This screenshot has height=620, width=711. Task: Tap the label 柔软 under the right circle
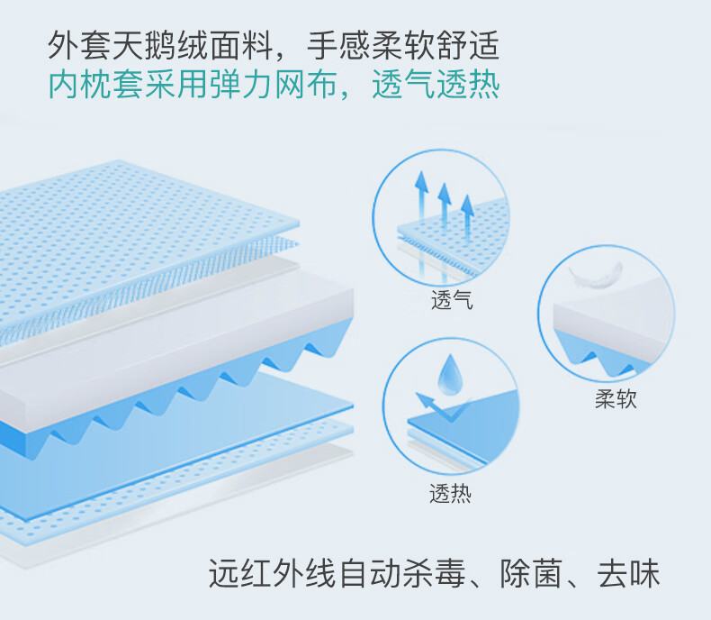click(616, 399)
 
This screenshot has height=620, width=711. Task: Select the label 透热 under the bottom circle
click(450, 494)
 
